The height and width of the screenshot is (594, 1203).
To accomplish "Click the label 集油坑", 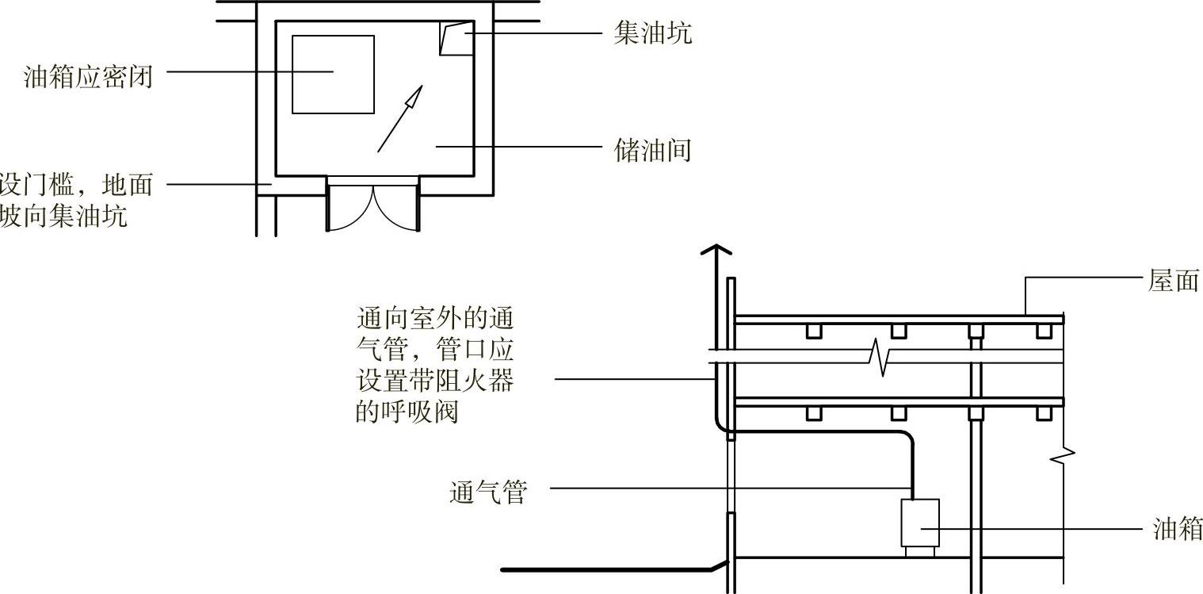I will pyautogui.click(x=652, y=33).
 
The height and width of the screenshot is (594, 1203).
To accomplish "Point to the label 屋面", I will pyautogui.click(x=1174, y=281).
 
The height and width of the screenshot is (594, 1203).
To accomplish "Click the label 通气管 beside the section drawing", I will pyautogui.click(x=488, y=492).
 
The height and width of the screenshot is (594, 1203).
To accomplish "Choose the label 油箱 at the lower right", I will pyautogui.click(x=1178, y=529).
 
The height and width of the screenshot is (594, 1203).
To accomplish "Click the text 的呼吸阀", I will pyautogui.click(x=407, y=412).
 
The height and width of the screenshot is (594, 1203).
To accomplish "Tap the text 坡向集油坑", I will pyautogui.click(x=63, y=216).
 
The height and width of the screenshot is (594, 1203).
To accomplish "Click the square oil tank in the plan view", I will pyautogui.click(x=333, y=74).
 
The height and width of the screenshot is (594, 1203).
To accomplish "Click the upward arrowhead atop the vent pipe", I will pyautogui.click(x=714, y=252).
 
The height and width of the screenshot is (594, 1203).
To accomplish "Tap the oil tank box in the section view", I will pyautogui.click(x=920, y=522).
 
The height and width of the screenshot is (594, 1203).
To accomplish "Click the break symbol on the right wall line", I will pyautogui.click(x=1067, y=456).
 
